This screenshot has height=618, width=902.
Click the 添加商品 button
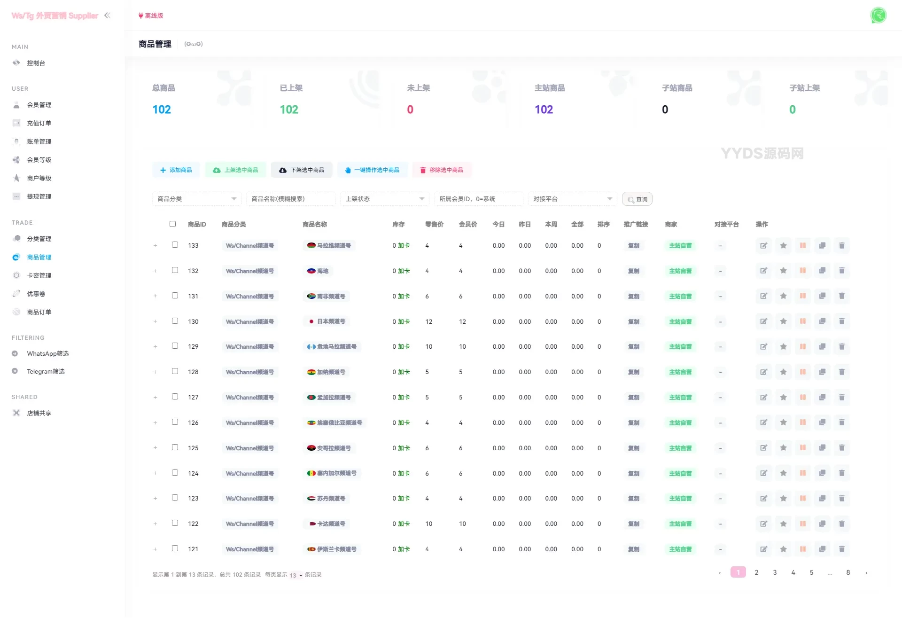click(176, 170)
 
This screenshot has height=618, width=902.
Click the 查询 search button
click(637, 199)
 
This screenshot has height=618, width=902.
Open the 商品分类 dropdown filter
click(196, 199)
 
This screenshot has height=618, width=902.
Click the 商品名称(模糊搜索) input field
click(290, 199)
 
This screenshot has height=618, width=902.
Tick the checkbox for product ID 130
click(175, 321)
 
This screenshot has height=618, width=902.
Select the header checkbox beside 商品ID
click(172, 224)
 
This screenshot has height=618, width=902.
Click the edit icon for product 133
click(764, 245)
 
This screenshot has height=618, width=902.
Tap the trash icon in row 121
click(841, 549)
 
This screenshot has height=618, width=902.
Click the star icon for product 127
click(783, 397)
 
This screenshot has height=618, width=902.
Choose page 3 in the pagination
click(775, 572)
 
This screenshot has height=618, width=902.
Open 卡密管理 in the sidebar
click(39, 275)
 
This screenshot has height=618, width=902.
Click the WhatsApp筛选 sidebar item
click(47, 353)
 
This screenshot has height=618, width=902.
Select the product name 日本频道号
click(331, 321)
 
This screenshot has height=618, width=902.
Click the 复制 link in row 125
click(633, 448)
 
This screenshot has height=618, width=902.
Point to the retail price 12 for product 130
click(428, 321)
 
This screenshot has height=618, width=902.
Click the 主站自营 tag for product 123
click(680, 499)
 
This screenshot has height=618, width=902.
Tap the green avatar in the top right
click(878, 15)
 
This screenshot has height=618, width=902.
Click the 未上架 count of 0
click(410, 110)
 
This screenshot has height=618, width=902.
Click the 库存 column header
click(398, 224)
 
